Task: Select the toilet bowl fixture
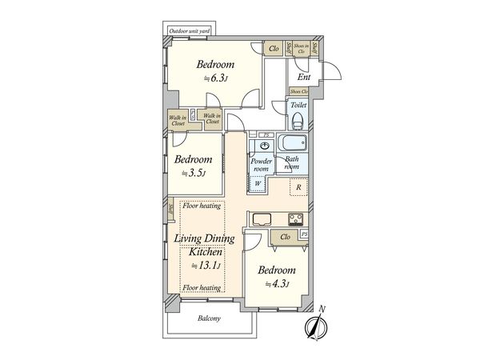(x=298, y=121)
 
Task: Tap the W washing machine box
(x=258, y=183)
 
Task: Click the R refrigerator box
(x=298, y=189)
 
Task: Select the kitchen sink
(x=260, y=220)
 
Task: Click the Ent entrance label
(x=304, y=77)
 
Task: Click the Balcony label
(x=210, y=318)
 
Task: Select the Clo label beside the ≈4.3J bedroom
(x=285, y=237)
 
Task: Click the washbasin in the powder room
(x=264, y=147)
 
